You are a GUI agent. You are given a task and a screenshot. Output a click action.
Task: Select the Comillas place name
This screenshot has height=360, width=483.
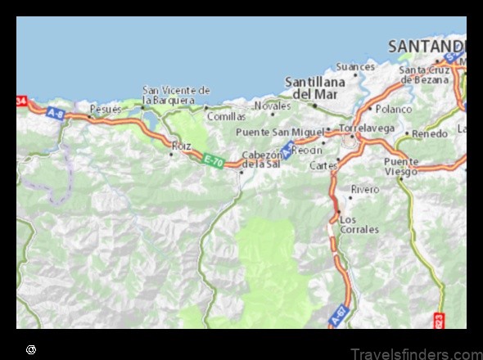click(226, 117)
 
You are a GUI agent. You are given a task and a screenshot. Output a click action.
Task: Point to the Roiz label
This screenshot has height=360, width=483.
click(181, 146)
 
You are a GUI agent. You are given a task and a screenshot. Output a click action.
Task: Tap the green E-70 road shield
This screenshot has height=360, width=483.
click(213, 160)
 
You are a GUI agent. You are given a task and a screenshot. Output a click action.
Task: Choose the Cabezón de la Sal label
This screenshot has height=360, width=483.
click(263, 160)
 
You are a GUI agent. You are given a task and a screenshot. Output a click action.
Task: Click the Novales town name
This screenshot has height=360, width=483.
click(272, 106)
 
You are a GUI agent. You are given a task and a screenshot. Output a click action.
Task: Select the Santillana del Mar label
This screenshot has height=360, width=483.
click(310, 88)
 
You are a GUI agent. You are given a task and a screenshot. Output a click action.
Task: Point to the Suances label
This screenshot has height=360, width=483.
click(355, 66)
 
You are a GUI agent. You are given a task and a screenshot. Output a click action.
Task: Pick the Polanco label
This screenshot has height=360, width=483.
click(394, 109)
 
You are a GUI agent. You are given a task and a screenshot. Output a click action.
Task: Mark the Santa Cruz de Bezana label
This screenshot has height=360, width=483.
click(426, 74)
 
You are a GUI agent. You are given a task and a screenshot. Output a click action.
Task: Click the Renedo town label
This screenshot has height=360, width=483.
click(430, 133)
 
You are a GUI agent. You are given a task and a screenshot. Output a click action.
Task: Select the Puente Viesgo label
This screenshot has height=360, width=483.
click(400, 166)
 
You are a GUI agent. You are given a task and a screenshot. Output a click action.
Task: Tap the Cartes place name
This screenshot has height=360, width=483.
click(323, 165)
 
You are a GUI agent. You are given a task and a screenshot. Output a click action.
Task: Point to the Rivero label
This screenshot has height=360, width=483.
click(365, 190)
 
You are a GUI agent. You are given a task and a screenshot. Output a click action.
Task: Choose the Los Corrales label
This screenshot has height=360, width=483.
click(359, 224)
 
